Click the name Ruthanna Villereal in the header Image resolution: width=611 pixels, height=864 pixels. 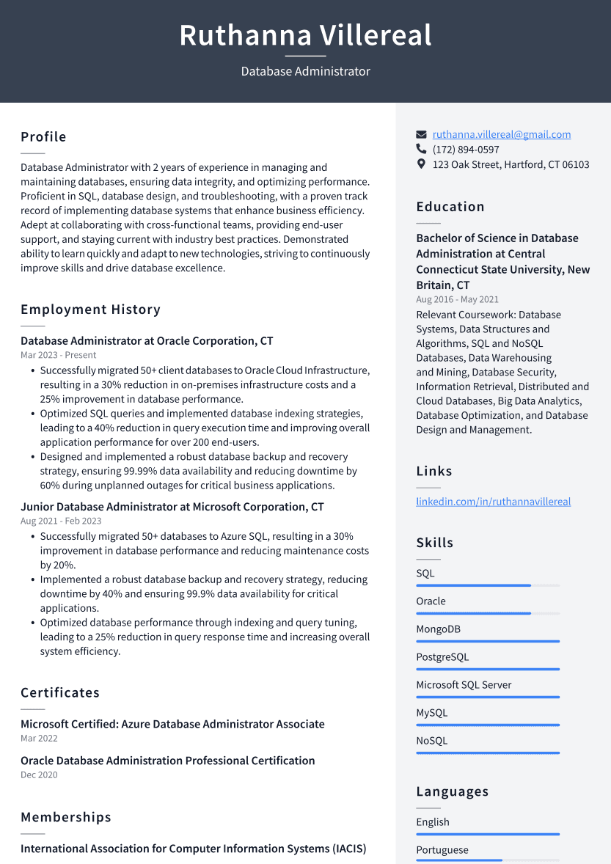click(305, 35)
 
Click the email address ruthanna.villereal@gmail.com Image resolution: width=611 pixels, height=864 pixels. click(501, 134)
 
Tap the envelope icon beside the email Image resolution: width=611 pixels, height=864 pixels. click(421, 135)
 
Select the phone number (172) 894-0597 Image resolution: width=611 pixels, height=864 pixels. click(466, 150)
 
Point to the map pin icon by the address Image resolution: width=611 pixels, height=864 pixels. click(421, 164)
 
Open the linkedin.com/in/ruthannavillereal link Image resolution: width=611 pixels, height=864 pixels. click(493, 502)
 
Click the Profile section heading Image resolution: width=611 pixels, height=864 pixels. click(43, 137)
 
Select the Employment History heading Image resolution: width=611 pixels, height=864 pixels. click(90, 310)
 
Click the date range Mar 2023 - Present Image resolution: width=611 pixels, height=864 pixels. click(58, 355)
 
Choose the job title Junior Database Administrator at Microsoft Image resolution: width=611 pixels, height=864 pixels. click(172, 507)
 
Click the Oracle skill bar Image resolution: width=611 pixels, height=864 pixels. click(488, 613)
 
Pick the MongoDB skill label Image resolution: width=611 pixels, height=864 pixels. click(438, 629)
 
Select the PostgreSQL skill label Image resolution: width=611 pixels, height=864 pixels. click(442, 657)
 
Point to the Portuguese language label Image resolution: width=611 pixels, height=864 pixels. click(442, 850)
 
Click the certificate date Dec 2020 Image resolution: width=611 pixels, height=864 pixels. click(39, 775)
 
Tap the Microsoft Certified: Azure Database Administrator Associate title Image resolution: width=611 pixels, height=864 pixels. click(172, 724)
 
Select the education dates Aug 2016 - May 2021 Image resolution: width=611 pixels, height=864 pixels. click(457, 299)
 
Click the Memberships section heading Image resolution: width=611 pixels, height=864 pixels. click(66, 817)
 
